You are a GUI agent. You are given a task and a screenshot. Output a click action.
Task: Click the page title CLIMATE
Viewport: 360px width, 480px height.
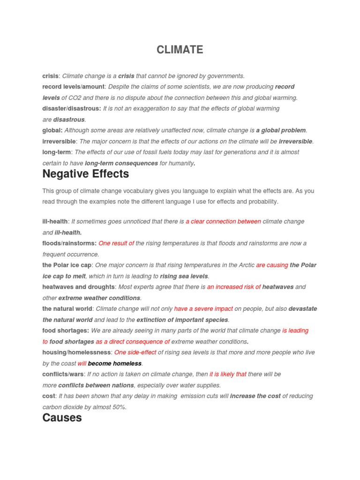coord(180,50)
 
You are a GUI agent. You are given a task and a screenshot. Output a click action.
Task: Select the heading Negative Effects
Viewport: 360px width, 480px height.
coord(85,174)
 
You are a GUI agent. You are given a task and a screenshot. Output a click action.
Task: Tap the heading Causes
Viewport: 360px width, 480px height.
coord(62,418)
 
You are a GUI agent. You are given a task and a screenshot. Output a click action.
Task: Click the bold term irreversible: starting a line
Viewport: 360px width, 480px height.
coord(59,141)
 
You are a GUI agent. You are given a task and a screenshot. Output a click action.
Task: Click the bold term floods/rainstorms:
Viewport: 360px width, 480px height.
coord(69,243)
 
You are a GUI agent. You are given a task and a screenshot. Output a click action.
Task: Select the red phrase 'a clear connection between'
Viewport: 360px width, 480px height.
coord(223,221)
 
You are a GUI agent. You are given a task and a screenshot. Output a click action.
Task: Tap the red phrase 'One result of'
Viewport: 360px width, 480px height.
coord(116,243)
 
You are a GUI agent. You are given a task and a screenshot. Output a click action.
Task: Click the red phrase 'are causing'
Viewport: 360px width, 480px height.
coord(272,265)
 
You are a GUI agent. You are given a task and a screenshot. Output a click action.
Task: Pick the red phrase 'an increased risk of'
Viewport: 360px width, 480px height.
coord(234,287)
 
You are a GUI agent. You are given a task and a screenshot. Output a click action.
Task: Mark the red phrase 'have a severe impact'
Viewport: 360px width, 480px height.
coord(203,309)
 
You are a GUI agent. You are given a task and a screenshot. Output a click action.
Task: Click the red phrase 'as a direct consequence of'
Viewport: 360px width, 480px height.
coord(133,342)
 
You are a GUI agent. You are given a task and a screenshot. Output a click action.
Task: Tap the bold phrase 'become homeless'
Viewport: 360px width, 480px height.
coord(115,363)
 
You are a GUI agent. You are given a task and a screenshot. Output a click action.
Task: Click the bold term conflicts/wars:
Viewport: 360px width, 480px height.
coord(63,374)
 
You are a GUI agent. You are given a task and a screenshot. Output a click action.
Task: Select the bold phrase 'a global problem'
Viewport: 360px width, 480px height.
coord(281,130)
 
